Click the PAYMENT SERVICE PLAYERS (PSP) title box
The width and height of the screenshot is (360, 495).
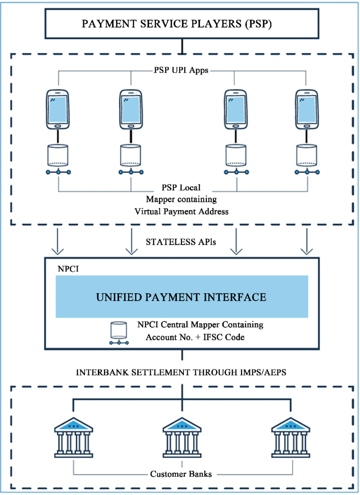(183, 24)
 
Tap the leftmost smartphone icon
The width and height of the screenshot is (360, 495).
(58, 109)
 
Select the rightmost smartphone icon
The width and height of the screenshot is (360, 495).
(307, 109)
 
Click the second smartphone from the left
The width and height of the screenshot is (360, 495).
(131, 109)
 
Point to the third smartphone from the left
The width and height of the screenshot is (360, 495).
(235, 109)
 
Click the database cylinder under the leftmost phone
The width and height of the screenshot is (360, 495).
(58, 156)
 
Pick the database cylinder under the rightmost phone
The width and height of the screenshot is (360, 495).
(307, 156)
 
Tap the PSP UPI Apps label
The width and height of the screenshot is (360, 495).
(181, 71)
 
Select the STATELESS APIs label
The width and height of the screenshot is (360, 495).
(182, 243)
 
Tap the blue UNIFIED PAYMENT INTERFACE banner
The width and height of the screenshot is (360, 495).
(182, 296)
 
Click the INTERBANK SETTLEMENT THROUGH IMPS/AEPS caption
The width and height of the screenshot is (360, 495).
(182, 373)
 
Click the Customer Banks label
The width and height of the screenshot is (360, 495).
(181, 474)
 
